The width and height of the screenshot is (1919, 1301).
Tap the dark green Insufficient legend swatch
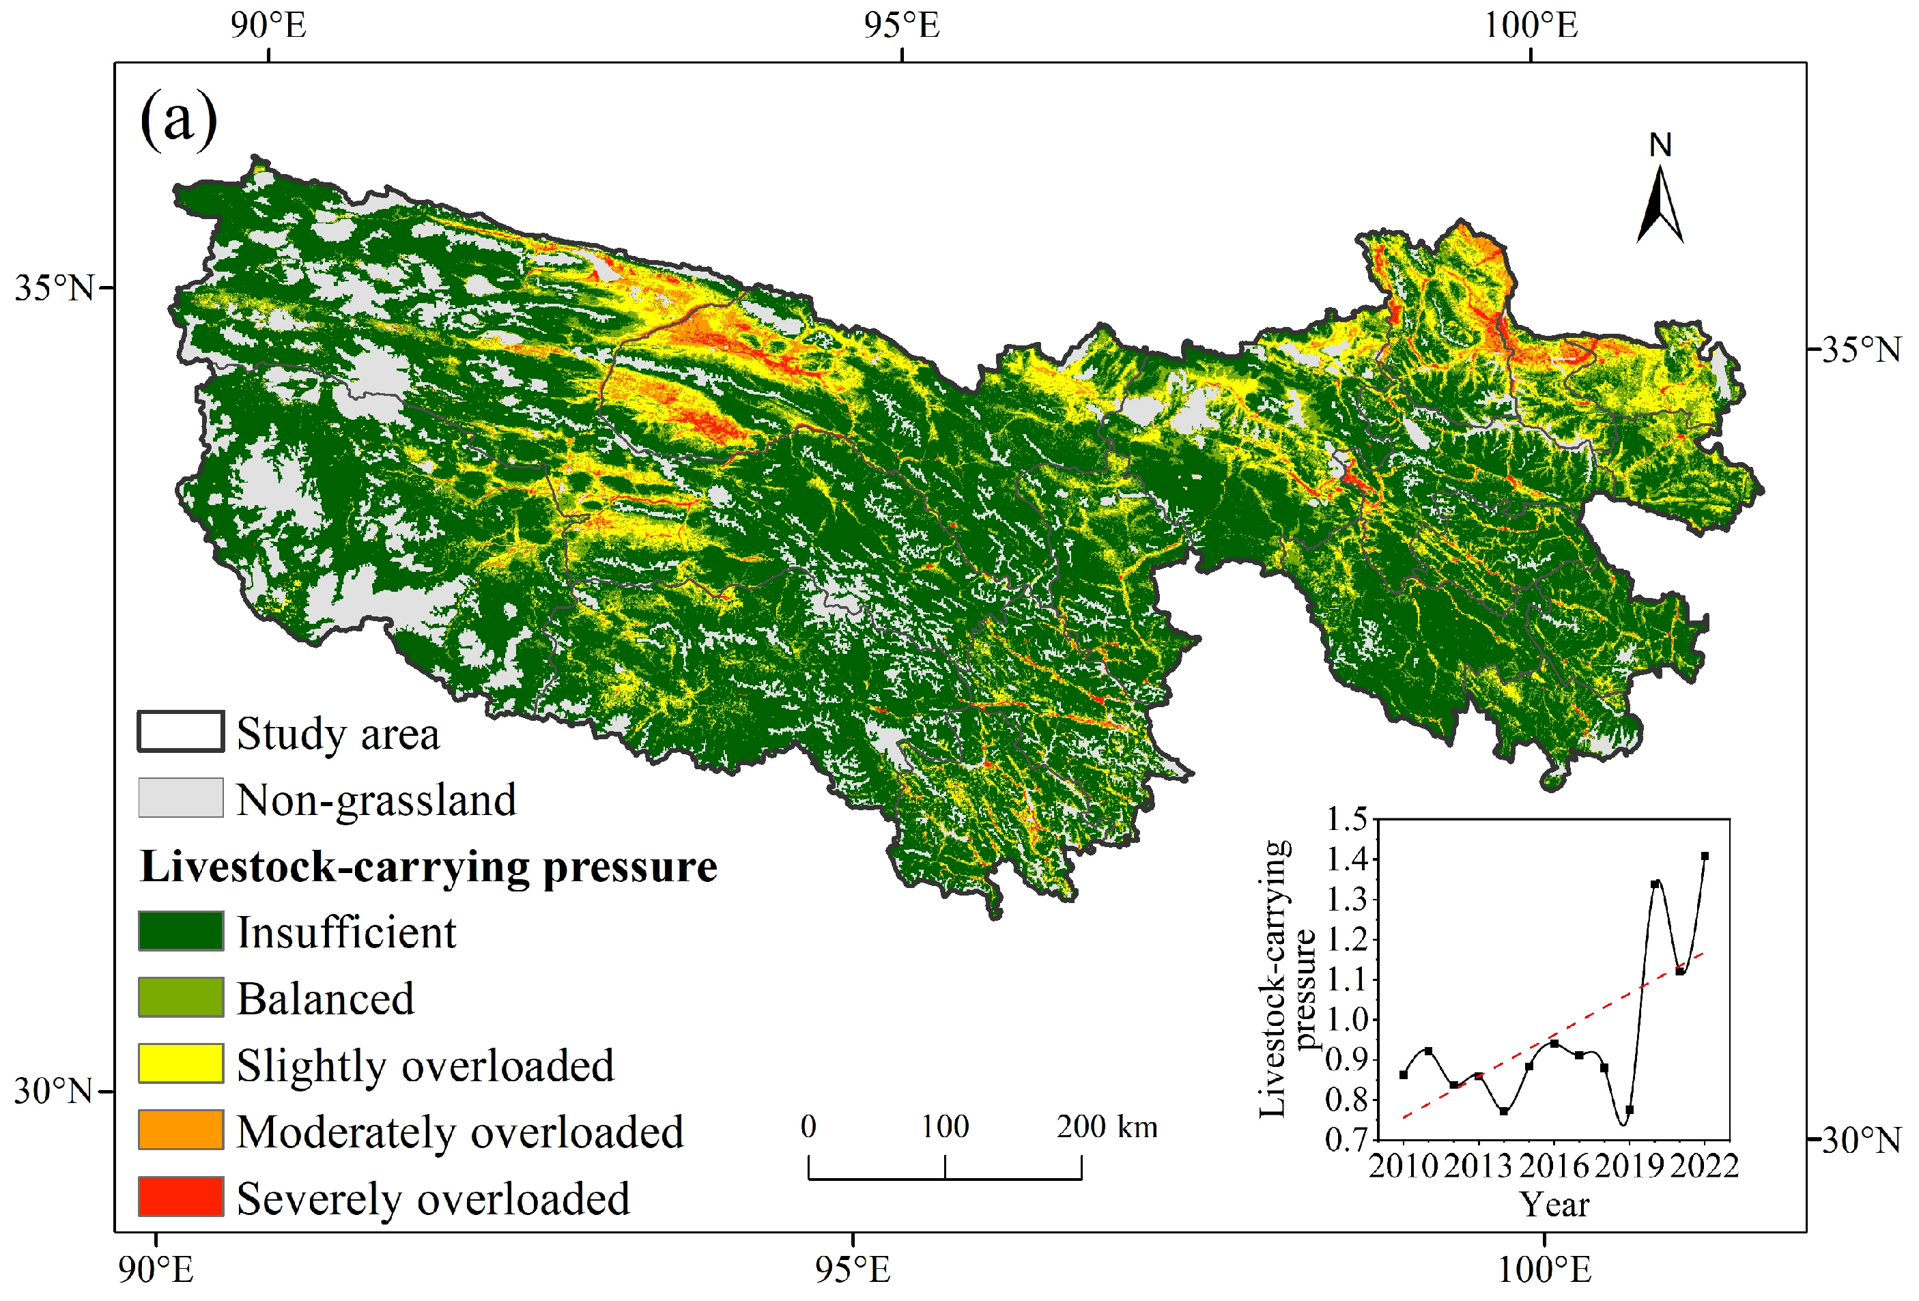[180, 931]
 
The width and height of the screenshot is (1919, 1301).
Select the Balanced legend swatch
[180, 997]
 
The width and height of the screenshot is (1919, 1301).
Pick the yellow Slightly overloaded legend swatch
[180, 1063]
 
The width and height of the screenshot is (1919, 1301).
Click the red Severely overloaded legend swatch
[180, 1196]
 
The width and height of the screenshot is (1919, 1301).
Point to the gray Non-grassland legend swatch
[180, 797]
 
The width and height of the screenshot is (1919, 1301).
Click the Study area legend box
[180, 732]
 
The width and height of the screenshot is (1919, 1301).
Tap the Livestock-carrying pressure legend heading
[429, 867]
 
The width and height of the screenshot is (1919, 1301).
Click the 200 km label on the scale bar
[1107, 1127]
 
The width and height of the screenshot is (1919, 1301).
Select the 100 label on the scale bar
[945, 1127]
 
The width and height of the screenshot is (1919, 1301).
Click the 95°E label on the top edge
[902, 25]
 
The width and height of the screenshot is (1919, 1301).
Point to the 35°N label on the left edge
[54, 288]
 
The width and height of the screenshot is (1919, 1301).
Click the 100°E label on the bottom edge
[1544, 1270]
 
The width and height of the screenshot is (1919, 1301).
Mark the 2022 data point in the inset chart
[1705, 856]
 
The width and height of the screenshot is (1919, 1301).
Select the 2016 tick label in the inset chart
[1554, 1167]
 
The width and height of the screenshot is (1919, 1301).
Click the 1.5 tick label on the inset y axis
[1347, 819]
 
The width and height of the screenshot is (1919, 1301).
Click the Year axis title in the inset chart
[1554, 1205]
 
